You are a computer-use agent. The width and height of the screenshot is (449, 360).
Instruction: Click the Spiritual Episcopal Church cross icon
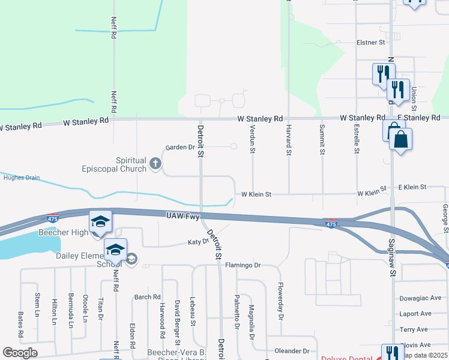point(155,163)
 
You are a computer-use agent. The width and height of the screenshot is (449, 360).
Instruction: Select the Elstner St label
point(370,43)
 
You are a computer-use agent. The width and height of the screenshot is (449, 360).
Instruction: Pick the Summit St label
point(322,142)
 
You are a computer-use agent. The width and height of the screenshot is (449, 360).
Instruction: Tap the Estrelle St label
point(357,139)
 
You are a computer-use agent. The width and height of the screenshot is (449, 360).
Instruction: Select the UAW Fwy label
point(183,215)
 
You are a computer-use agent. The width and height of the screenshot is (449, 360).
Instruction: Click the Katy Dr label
point(197,242)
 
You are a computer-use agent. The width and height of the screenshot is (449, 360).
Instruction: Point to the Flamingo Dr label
point(243,265)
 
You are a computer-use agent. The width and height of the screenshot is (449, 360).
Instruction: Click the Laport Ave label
point(415,313)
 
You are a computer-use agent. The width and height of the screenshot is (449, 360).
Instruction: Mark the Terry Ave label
point(414,329)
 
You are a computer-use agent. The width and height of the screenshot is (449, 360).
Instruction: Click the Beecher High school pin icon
point(100,222)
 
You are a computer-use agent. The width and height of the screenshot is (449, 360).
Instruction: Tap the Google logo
point(20,353)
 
